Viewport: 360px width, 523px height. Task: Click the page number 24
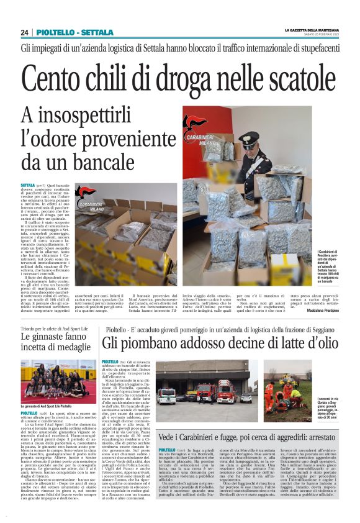pos(24,32)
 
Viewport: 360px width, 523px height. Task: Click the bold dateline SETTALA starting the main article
pos(28,186)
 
